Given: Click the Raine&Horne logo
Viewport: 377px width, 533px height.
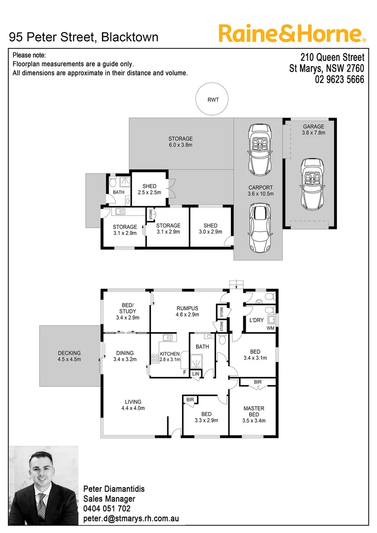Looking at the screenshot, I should [x=292, y=34].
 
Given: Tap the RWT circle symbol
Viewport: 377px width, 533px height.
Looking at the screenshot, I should [x=213, y=100].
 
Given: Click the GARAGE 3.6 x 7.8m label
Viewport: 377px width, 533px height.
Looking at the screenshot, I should [x=313, y=129].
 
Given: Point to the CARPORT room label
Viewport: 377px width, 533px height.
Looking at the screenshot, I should [x=261, y=190].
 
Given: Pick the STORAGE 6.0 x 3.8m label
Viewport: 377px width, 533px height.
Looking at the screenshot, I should [x=180, y=142].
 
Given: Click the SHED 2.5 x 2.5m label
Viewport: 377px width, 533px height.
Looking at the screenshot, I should [x=149, y=190].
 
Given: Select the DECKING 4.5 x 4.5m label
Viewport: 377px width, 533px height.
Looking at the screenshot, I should [x=69, y=356].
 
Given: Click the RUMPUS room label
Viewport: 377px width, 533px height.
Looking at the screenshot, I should [x=187, y=311].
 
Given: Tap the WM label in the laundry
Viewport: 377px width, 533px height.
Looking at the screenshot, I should [x=269, y=328].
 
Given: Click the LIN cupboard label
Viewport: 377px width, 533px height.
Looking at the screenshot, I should [x=196, y=375].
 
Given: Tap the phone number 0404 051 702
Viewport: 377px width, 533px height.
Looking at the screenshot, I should [x=107, y=509].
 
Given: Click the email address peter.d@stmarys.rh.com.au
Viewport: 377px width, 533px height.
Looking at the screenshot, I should [x=131, y=519].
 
